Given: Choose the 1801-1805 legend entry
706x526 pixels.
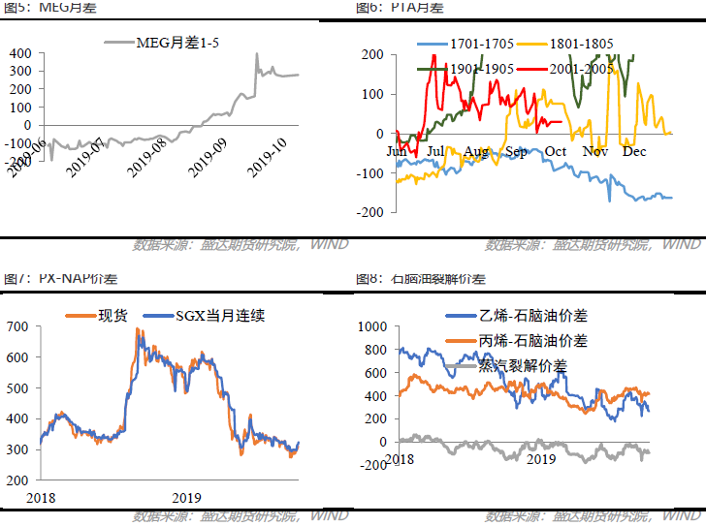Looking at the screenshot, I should (579, 44).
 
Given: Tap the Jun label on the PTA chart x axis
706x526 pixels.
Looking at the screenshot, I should (397, 151).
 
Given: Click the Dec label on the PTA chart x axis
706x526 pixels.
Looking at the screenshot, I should (634, 151).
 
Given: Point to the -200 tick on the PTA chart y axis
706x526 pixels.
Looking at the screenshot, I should (374, 211).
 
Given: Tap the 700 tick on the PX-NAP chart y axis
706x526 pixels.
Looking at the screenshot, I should (18, 325).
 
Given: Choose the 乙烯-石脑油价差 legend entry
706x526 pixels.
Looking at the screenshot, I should (533, 316).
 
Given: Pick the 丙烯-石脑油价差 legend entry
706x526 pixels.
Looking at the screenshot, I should (533, 341).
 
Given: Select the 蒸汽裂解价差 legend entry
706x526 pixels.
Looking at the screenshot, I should (523, 365).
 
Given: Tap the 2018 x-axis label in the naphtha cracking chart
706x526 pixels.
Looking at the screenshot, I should (399, 456).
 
